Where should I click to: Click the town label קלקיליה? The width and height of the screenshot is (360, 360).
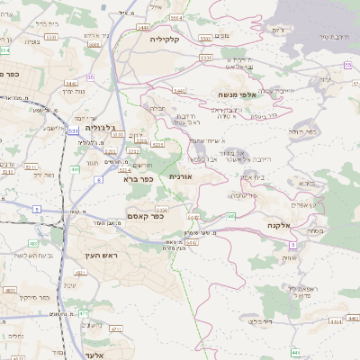click(x=166, y=39)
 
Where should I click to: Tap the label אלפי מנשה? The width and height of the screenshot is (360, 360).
click(x=237, y=94)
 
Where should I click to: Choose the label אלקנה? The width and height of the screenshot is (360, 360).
click(x=277, y=224)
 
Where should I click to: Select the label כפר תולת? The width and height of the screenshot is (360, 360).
click(x=304, y=131)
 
